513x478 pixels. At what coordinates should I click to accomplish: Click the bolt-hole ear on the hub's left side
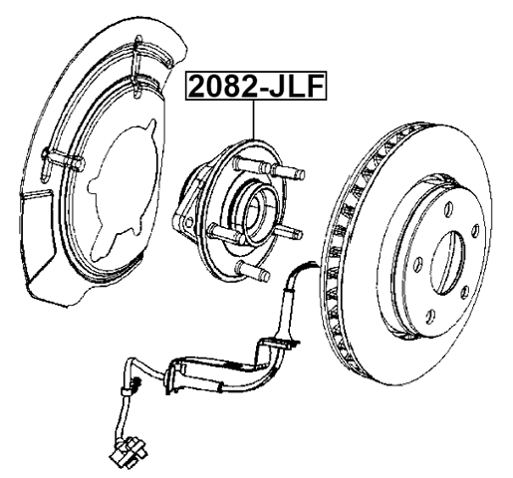click(x=186, y=228)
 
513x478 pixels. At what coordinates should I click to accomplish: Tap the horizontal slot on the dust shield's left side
click(x=64, y=159)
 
